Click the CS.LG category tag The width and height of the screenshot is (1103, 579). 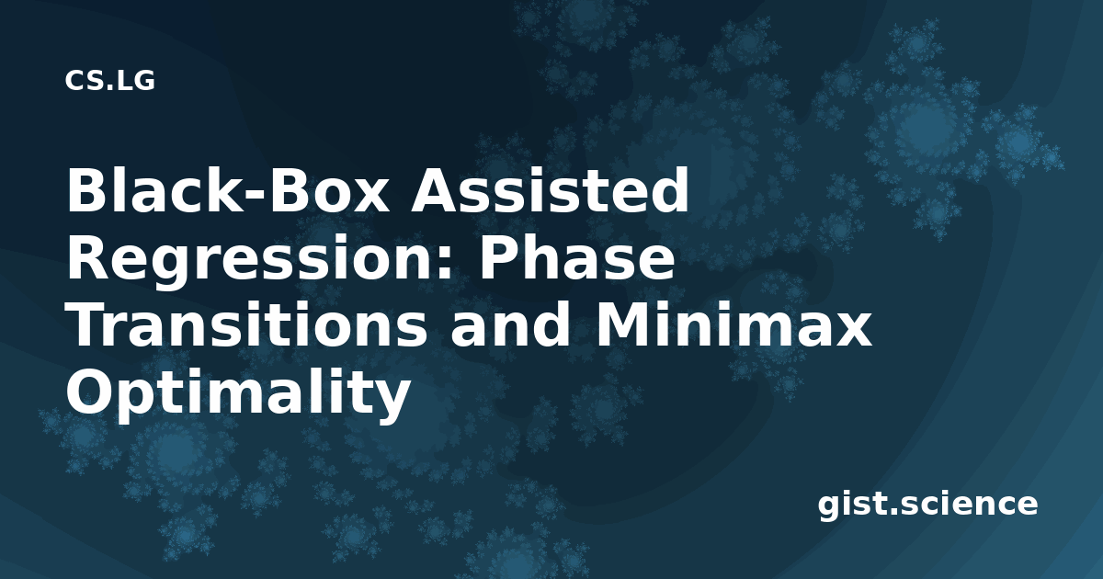coord(109,81)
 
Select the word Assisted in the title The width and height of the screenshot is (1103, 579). coord(550,190)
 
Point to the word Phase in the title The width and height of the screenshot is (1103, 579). coord(576,257)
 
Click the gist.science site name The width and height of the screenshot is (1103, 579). coord(927,505)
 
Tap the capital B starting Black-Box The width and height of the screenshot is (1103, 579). coord(86,190)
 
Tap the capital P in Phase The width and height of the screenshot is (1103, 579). coord(498,258)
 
